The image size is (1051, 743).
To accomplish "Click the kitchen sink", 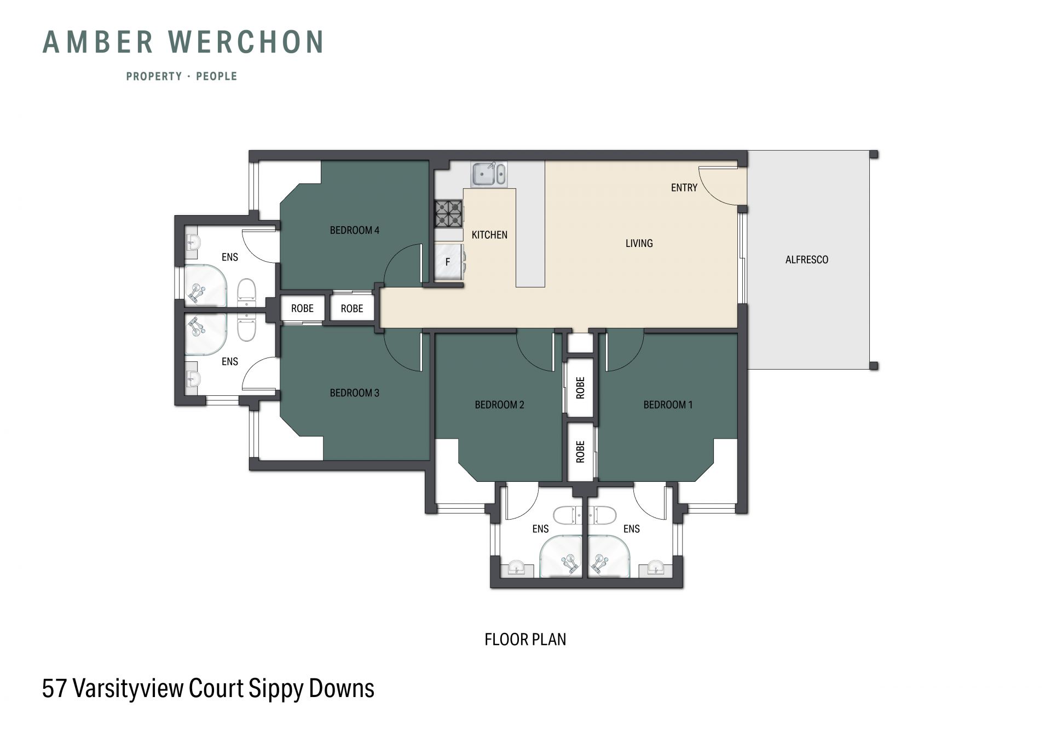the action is tap(489, 174).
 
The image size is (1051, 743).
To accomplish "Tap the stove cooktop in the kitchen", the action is tap(448, 214).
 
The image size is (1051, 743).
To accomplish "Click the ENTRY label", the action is tap(684, 188).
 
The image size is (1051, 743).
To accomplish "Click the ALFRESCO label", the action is tap(807, 260).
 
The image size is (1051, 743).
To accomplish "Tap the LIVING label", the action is tap(639, 243).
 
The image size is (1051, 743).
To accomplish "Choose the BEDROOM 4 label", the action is tap(355, 231).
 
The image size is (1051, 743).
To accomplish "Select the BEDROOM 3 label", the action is tap(355, 393).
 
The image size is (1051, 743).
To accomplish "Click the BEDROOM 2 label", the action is tap(500, 405).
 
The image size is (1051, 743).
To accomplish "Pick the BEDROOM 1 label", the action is tap(668, 405).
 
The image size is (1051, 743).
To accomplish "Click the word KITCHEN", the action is tap(490, 235).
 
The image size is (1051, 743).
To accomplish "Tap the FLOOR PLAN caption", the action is tap(525, 640).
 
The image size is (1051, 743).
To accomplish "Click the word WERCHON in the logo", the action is tap(246, 42).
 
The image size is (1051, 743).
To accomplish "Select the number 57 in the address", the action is tap(54, 688).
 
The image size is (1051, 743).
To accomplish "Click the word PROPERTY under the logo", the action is tap(154, 77).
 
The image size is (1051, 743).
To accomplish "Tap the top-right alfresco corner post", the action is tap(874, 154).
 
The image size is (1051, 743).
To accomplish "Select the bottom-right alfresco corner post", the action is tap(874, 366).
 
